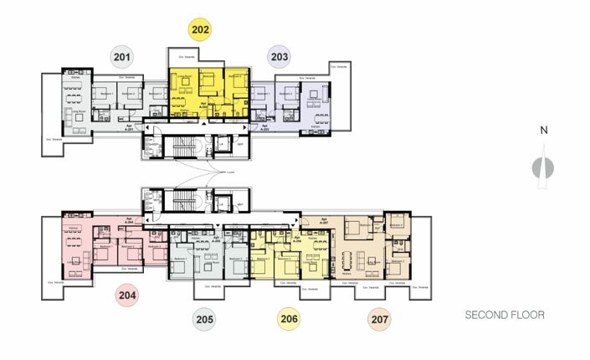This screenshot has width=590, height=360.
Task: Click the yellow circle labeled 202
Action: click(x=200, y=30)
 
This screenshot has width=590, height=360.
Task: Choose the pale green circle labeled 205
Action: click(x=203, y=318)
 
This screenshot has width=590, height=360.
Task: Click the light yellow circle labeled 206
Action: click(x=289, y=318)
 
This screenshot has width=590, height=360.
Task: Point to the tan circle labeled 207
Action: click(x=378, y=318)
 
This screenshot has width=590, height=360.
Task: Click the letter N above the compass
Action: click(x=543, y=130)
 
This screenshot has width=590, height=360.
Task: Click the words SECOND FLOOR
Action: click(x=505, y=316)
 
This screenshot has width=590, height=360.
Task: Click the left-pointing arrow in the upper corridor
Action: click(x=148, y=127)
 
